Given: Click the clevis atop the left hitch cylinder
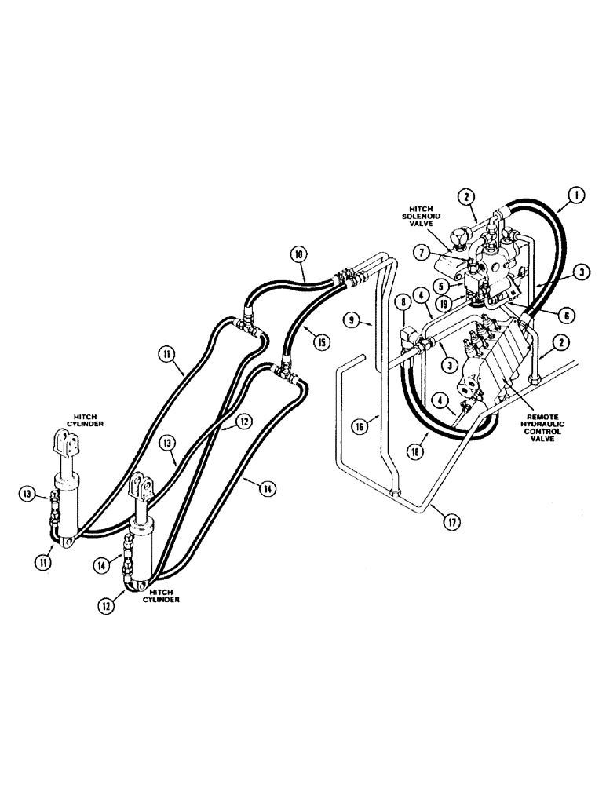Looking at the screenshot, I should coord(69,444).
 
